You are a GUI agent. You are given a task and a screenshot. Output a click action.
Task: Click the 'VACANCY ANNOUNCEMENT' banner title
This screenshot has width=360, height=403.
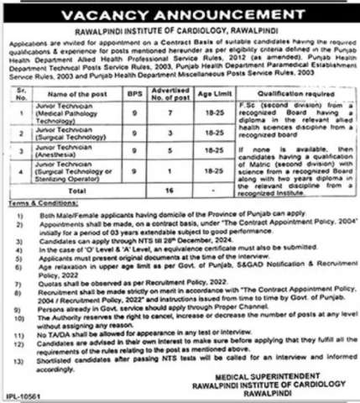(x=180, y=18)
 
